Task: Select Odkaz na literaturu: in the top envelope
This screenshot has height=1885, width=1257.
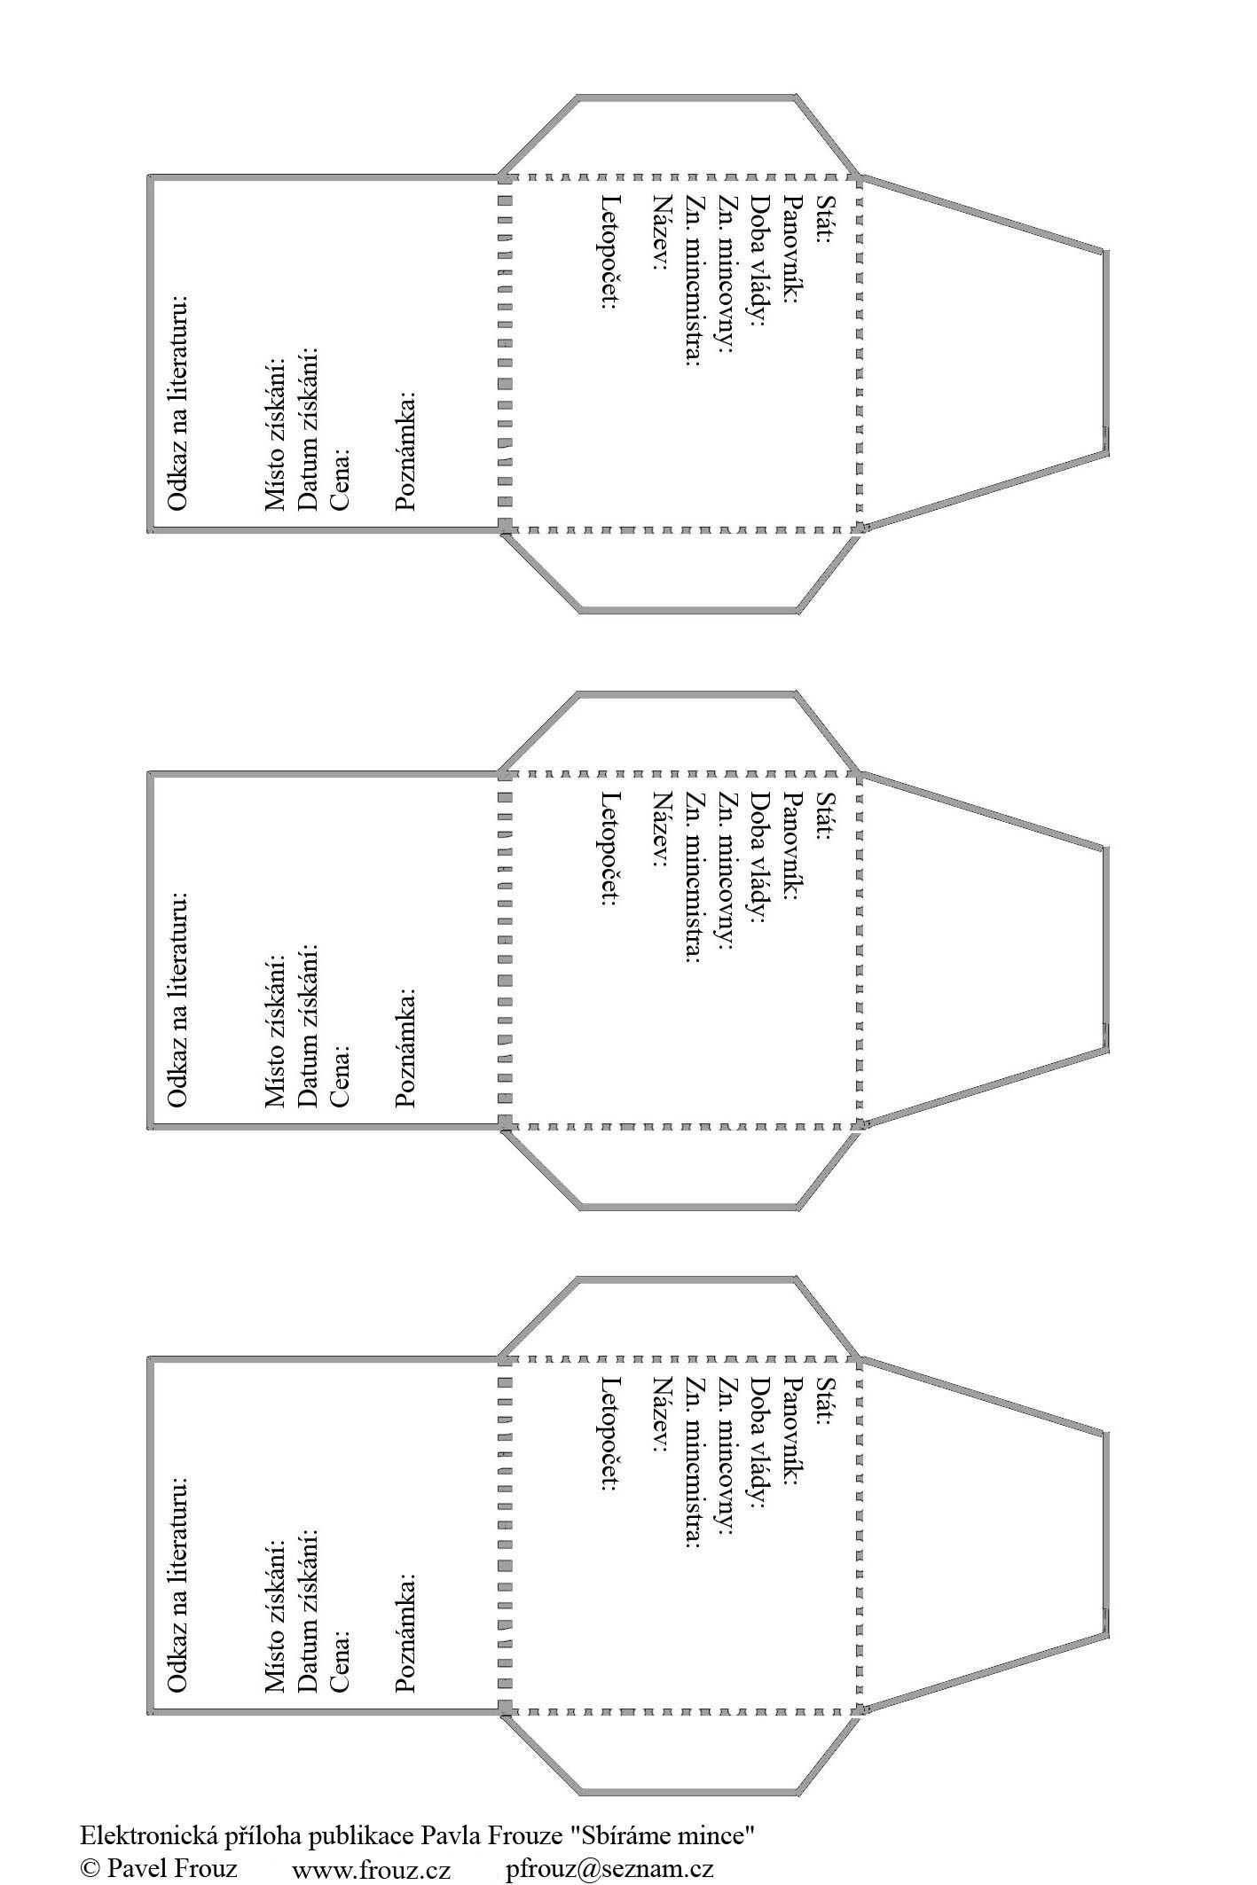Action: [178, 403]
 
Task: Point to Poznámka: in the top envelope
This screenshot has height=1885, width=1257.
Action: [405, 450]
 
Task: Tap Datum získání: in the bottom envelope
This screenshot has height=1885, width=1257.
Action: [308, 1611]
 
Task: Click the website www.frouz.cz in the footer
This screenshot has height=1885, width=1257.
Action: [371, 1869]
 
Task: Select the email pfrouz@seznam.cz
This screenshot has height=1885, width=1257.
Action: [609, 1869]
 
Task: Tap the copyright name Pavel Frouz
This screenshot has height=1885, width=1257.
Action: [172, 1868]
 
